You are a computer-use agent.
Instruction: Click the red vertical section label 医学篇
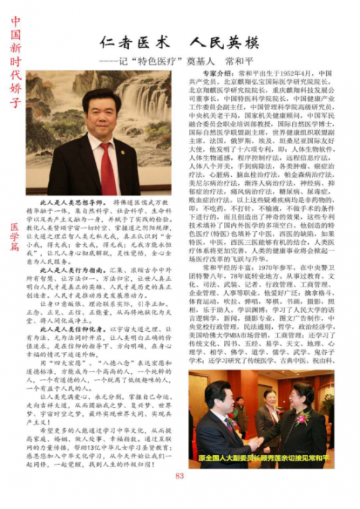15,237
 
